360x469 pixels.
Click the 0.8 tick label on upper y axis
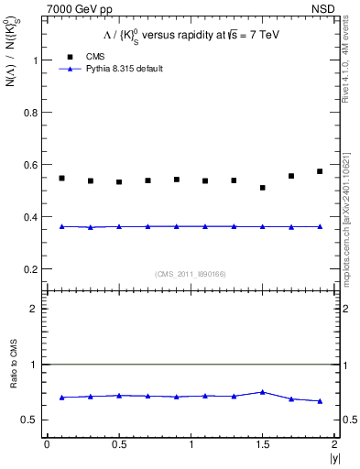pos(30,113)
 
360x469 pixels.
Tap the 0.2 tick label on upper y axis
pos(30,269)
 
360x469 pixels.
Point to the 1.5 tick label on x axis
pos(263,445)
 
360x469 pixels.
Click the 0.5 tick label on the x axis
pos(119,445)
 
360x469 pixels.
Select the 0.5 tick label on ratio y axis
pos(30,420)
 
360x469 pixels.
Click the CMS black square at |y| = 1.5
pos(263,188)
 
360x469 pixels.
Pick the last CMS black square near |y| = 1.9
pos(320,171)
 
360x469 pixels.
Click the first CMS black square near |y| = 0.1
pos(61,178)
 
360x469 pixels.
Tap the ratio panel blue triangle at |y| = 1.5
pos(263,392)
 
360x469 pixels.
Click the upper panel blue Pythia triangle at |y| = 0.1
pos(61,226)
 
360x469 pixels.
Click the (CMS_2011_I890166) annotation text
pos(191,272)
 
